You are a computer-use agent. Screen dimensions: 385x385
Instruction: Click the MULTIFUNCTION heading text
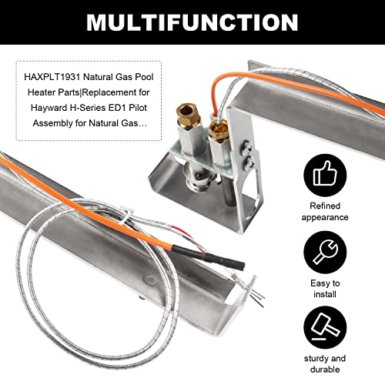[192, 22]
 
